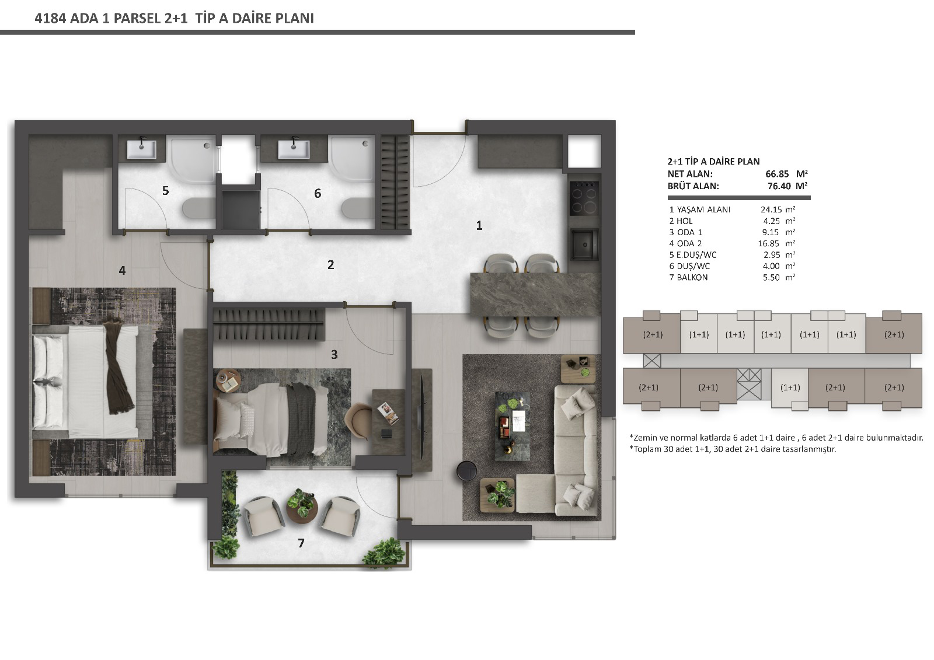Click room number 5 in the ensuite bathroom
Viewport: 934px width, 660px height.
click(166, 191)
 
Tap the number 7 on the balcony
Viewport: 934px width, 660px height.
click(301, 543)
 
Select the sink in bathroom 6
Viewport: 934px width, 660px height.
click(294, 149)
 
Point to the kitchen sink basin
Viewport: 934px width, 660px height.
click(584, 244)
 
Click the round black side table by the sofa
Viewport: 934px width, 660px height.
click(466, 471)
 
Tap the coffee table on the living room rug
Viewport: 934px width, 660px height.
click(513, 425)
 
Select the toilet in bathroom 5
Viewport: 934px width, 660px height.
click(198, 208)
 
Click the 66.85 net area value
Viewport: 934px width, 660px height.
click(777, 174)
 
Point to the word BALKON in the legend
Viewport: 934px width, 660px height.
click(692, 277)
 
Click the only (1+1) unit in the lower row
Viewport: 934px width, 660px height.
click(790, 387)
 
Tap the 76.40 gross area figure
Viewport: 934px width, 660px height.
click(779, 186)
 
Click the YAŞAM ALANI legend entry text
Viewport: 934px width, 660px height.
click(703, 209)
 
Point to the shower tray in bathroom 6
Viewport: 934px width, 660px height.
click(351, 158)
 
